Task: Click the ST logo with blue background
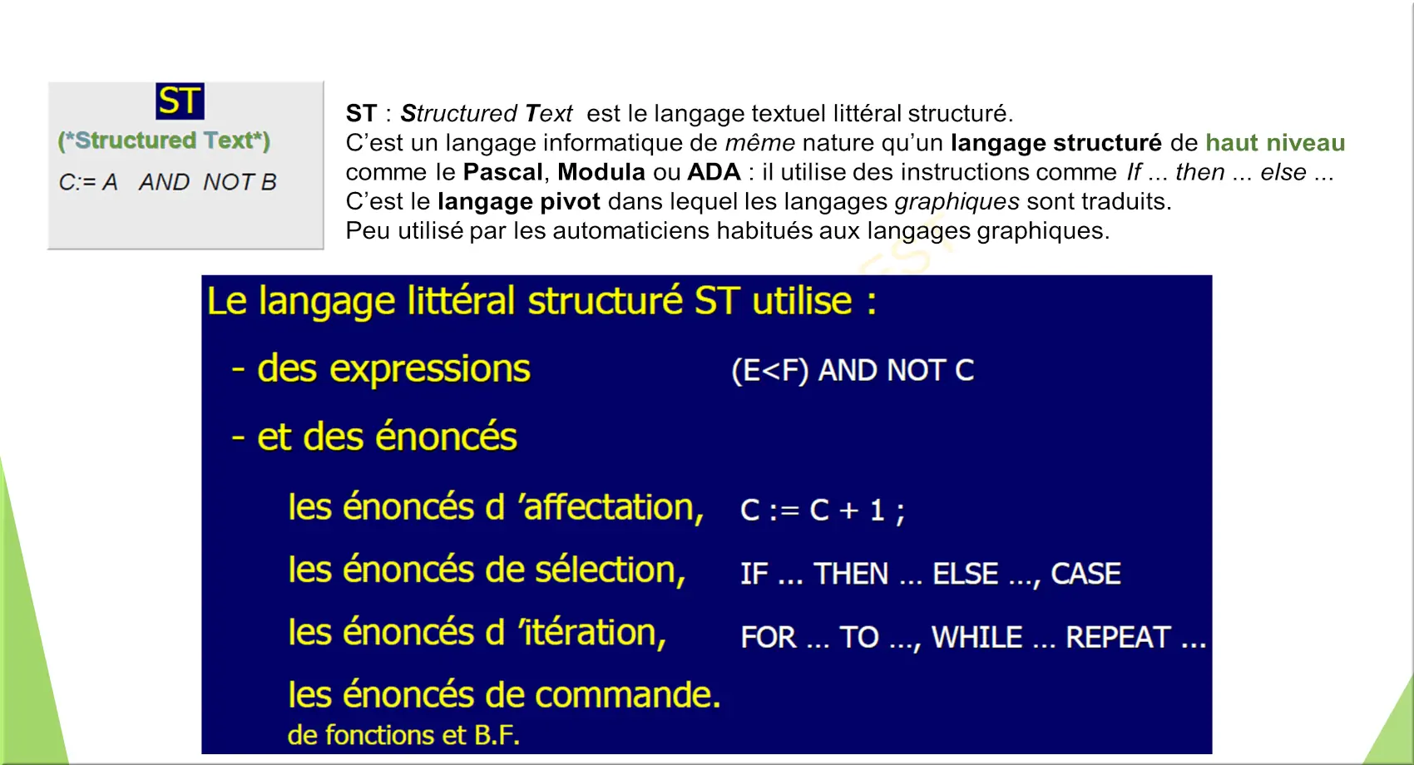point(180,101)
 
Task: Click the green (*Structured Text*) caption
point(164,141)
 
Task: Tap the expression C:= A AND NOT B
point(167,182)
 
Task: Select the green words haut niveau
point(1275,143)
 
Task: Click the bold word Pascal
point(502,171)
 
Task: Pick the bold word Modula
point(601,171)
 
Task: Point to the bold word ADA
point(714,171)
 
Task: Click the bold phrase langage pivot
point(519,201)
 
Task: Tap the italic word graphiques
point(957,201)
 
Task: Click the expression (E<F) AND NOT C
point(853,371)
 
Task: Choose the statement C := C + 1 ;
point(822,510)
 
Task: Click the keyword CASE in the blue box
point(1085,574)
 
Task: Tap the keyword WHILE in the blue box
point(976,637)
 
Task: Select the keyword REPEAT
point(1118,637)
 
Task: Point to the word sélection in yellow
point(610,570)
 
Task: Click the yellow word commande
point(628,694)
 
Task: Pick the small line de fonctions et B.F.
point(404,735)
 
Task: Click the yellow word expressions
point(430,369)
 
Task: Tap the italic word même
point(760,143)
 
